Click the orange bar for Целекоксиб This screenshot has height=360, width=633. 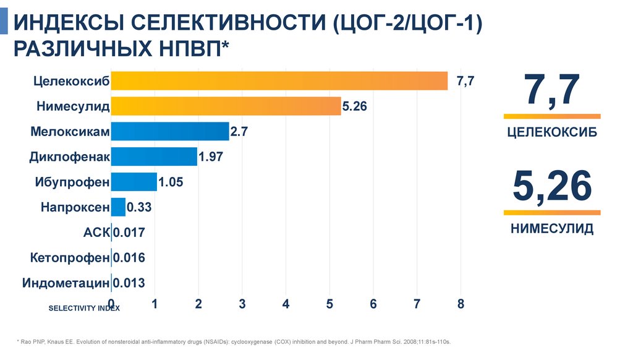click(279, 81)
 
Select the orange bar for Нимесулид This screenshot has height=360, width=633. click(226, 106)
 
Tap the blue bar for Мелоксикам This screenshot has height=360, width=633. click(170, 132)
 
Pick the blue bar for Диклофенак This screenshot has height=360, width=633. click(154, 156)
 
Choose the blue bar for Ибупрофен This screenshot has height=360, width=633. click(134, 182)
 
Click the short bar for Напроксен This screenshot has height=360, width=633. click(118, 207)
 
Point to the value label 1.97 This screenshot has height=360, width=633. click(211, 157)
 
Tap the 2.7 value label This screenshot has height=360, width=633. click(239, 132)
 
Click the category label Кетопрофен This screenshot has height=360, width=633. click(69, 258)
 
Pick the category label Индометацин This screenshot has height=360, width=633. click(66, 283)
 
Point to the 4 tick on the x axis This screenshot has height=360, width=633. click(286, 304)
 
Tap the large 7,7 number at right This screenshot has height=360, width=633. click(552, 90)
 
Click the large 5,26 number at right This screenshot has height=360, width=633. click(552, 187)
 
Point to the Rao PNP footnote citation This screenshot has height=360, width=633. click(235, 341)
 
